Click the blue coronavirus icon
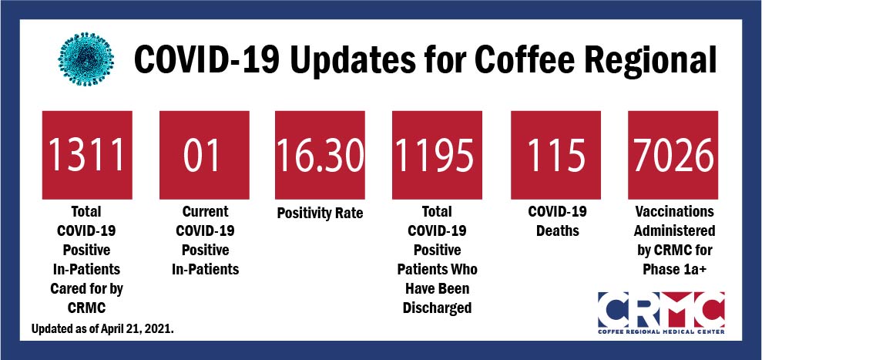coord(86,59)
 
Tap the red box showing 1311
coord(87,155)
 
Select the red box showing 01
coord(204,155)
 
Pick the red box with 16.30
coord(320,155)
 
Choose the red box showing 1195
coord(437,155)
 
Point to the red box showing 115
coord(556,155)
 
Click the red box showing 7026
coord(673,155)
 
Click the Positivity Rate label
coord(320,214)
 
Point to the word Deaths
coord(557,230)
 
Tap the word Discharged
coord(437,308)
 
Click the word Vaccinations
coord(674,212)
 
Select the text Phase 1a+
coord(674,270)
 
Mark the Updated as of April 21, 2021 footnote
coord(102,329)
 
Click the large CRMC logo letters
coord(662,310)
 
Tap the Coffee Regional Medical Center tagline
coord(662,332)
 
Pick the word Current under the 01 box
coord(205,212)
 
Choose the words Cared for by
coord(86,290)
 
